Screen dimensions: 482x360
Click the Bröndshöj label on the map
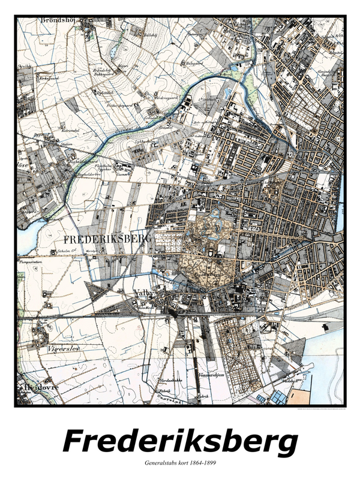coord(56,19)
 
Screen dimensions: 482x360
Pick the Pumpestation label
coord(34,262)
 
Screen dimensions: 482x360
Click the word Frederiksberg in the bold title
coord(180,442)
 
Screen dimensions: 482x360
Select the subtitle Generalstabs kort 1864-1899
coord(180,464)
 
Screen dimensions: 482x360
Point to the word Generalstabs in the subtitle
coord(162,464)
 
